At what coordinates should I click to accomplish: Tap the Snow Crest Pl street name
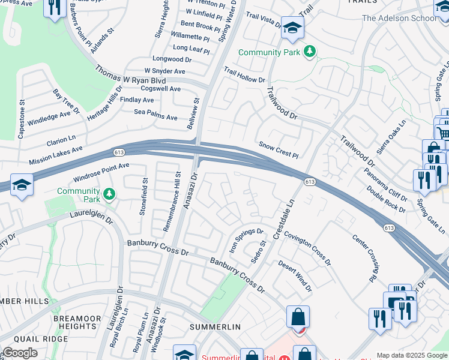[279, 149]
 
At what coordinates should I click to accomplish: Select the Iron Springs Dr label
[246, 239]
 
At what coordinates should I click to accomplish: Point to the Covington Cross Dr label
[307, 248]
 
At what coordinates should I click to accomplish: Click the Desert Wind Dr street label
[295, 276]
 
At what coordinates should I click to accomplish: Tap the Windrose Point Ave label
[101, 173]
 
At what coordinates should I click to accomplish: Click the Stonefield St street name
[144, 196]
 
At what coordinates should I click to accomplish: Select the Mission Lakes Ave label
[56, 155]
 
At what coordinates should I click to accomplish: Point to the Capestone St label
[22, 119]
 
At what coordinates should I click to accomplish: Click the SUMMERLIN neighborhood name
[215, 326]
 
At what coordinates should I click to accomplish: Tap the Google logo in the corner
[20, 353]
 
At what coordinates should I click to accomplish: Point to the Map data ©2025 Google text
[412, 355]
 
